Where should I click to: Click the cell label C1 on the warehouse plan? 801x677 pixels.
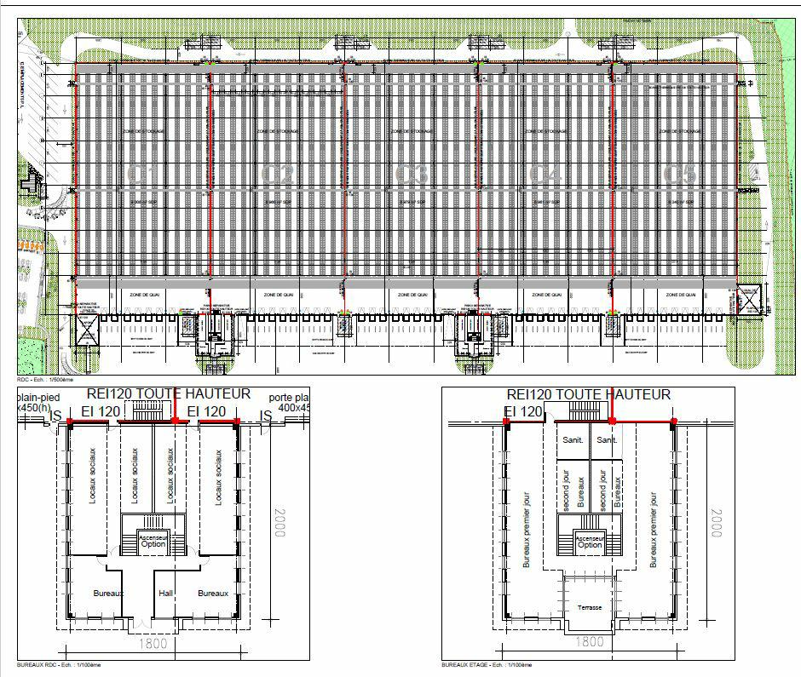(141, 175)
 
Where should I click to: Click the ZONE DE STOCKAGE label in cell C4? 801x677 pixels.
(546, 132)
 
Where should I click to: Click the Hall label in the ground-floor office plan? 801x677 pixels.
(167, 593)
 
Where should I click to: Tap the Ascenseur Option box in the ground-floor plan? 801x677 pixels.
(153, 540)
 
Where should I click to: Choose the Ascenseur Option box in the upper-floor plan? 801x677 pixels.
(590, 540)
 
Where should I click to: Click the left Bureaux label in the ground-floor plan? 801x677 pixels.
(108, 593)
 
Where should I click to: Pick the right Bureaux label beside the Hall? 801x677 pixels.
(213, 593)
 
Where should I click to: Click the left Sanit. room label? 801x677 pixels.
(571, 440)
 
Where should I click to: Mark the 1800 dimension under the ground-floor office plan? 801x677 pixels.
(153, 645)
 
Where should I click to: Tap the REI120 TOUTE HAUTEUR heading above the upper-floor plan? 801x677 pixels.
(588, 395)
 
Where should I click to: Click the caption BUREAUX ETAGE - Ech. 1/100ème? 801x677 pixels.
(487, 664)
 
